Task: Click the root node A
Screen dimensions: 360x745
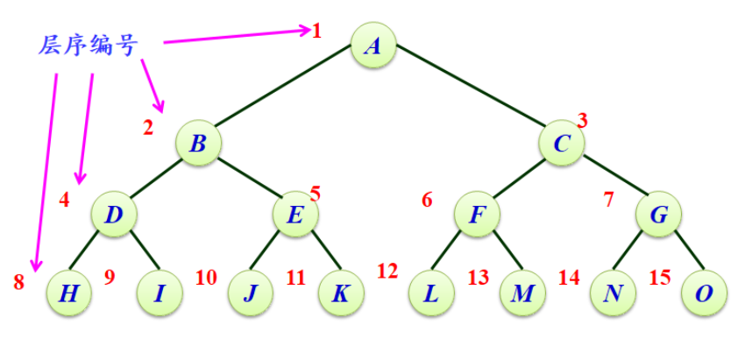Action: (373, 45)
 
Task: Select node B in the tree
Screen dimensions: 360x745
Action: (198, 142)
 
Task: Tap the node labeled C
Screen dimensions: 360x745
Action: (562, 142)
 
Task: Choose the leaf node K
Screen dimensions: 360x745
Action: (340, 293)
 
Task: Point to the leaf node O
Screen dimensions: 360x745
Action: (704, 293)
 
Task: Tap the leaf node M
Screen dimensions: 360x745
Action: (522, 293)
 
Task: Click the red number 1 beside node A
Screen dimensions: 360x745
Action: (316, 32)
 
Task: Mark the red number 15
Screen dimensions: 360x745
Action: (660, 278)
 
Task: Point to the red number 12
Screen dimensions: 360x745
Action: (387, 272)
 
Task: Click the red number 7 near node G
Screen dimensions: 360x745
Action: (609, 199)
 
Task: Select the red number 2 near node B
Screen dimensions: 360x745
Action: (148, 128)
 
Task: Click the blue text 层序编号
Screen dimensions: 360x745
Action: (88, 46)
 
